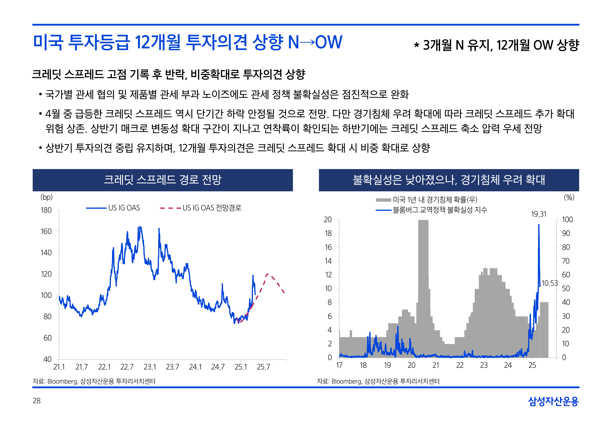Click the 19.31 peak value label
coord(539,214)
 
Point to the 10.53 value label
coord(549,283)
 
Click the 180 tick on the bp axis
coord(46,210)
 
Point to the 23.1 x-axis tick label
coord(150,367)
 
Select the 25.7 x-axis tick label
coord(263,367)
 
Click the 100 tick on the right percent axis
coord(567,220)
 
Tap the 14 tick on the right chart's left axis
coord(328,261)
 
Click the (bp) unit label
coord(47,197)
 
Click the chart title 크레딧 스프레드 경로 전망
coord(163,180)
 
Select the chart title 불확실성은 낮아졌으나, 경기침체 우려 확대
coord(449,180)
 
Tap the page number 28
coord(37,401)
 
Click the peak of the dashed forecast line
coord(267,274)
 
